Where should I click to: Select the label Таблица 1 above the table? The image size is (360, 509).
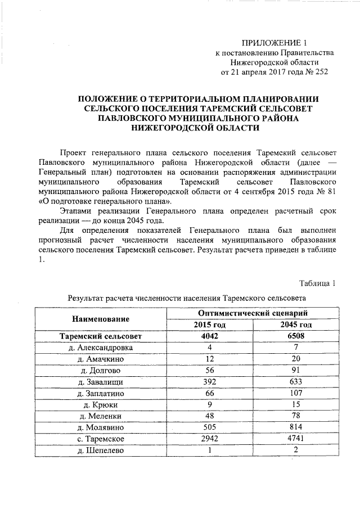[x=318, y=282]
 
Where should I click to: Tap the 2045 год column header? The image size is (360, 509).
[x=296, y=325]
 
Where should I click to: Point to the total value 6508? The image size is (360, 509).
[x=296, y=336]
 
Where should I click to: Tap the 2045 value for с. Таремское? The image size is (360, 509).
[x=296, y=438]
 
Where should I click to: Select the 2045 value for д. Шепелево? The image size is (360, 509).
[x=296, y=450]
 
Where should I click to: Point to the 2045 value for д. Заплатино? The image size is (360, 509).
[x=296, y=393]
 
